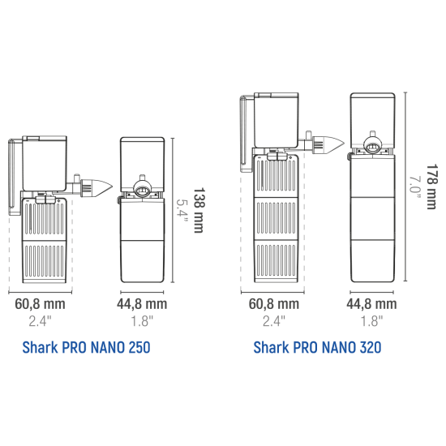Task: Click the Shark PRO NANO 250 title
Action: [86, 347]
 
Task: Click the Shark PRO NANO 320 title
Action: [317, 347]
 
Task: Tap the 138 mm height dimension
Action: [199, 210]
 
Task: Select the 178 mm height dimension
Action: [431, 187]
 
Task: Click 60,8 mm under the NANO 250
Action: [40, 304]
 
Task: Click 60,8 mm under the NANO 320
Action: [274, 304]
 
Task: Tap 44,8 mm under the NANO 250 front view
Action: [142, 304]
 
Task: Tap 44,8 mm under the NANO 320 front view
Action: [371, 304]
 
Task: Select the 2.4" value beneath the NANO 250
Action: [40, 321]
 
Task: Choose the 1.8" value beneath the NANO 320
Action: [371, 321]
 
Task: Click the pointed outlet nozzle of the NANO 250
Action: [96, 188]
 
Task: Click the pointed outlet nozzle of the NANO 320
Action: [328, 144]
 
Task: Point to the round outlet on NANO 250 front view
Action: [142, 190]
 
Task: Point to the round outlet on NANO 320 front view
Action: [372, 146]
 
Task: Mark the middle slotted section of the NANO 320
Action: [276, 218]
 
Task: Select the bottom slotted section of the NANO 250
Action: [45, 262]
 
